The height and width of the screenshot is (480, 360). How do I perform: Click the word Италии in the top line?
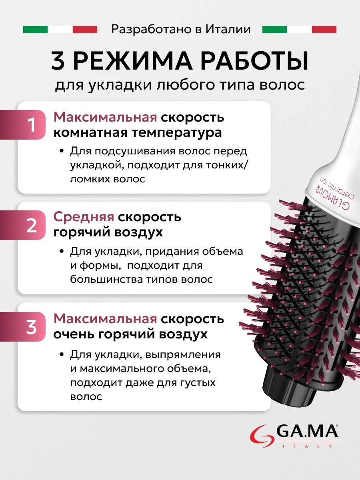click(228, 29)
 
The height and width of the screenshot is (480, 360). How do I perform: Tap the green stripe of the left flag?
click(36, 30)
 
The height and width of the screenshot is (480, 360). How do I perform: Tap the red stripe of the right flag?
click(324, 30)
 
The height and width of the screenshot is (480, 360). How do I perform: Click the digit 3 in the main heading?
click(58, 61)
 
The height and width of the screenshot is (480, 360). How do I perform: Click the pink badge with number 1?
click(23, 125)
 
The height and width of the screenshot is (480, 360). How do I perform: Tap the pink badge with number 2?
click(23, 225)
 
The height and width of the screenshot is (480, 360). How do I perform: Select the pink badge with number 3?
click(23, 327)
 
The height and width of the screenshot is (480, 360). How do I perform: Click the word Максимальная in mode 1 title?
click(105, 117)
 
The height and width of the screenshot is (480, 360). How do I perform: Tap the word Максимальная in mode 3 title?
click(105, 319)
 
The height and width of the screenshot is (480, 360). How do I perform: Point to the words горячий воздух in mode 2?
click(108, 233)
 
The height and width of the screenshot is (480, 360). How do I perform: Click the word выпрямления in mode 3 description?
click(183, 354)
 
